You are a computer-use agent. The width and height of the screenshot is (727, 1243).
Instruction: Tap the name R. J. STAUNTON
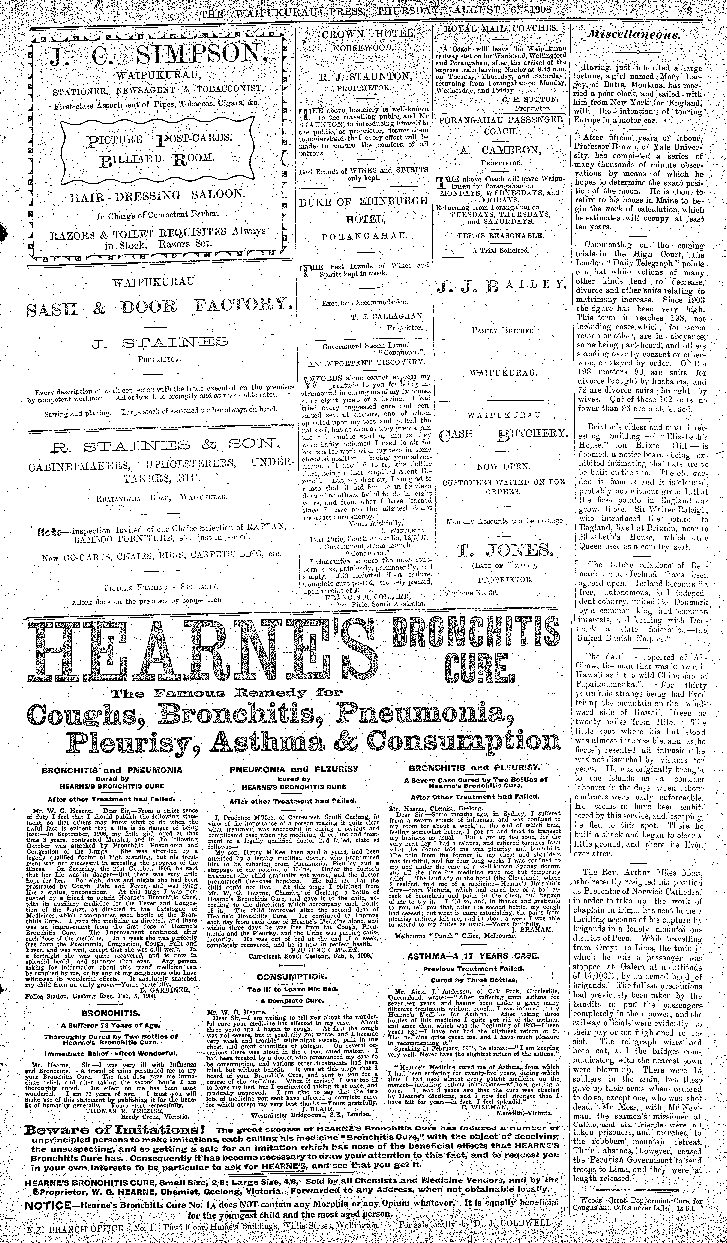364,76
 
